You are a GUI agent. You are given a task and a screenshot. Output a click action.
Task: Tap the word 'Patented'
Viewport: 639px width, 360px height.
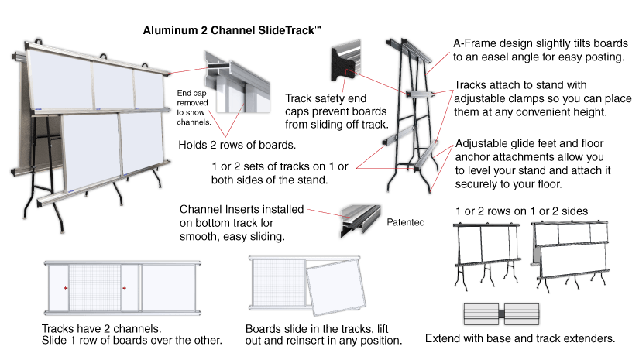(x=406, y=223)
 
